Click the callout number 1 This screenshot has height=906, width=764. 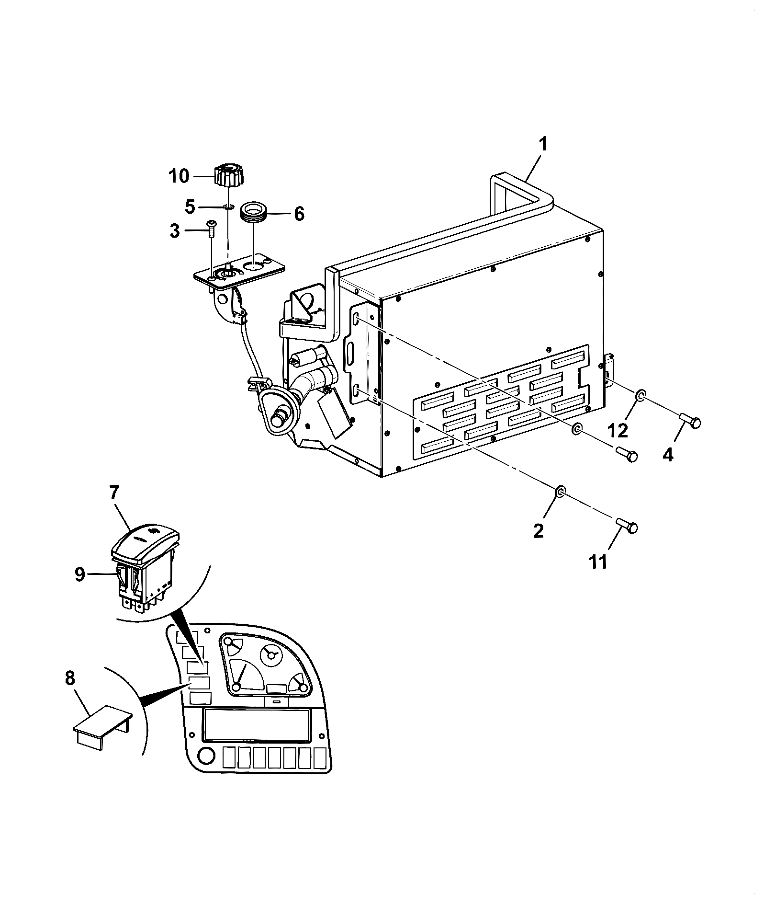pos(543,144)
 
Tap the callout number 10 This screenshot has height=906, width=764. pos(179,176)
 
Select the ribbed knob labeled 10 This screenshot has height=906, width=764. pos(229,175)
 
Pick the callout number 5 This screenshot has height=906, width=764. pos(190,207)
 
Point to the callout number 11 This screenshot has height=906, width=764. pos(598,561)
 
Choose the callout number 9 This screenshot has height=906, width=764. pos(79,574)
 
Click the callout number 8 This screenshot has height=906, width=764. pos(70,678)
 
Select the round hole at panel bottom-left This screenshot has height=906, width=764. pos(206,756)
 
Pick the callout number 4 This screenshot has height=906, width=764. pos(668,454)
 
